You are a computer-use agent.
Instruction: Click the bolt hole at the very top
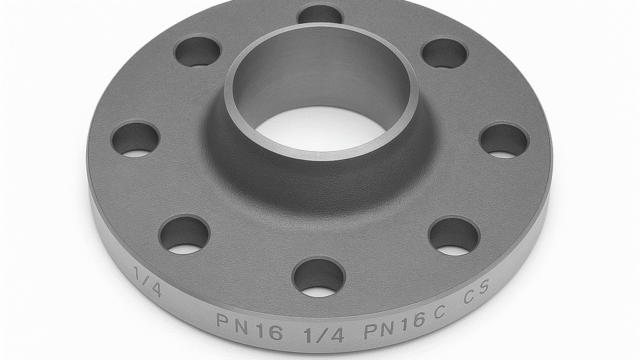320,14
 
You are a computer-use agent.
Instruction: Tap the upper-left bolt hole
197,51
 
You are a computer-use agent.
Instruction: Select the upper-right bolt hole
444,53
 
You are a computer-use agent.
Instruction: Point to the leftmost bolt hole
135,139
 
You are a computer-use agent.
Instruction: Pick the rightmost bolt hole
504,140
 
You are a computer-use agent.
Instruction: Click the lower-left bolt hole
184,233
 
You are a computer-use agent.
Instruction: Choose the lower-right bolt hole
454,236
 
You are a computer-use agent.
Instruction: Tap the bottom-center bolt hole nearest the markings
319,276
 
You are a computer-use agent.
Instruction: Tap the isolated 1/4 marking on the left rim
144,279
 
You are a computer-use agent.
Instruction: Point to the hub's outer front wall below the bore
320,180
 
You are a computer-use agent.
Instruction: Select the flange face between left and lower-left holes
150,190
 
